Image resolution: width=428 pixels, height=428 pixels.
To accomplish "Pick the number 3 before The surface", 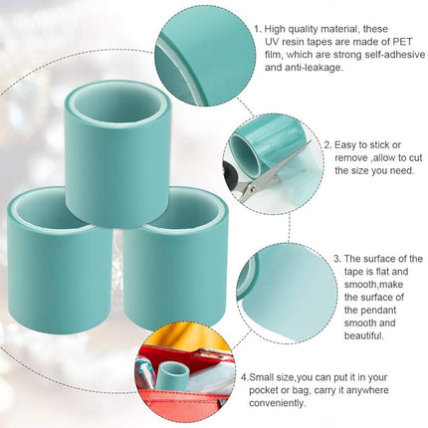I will (336, 258).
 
